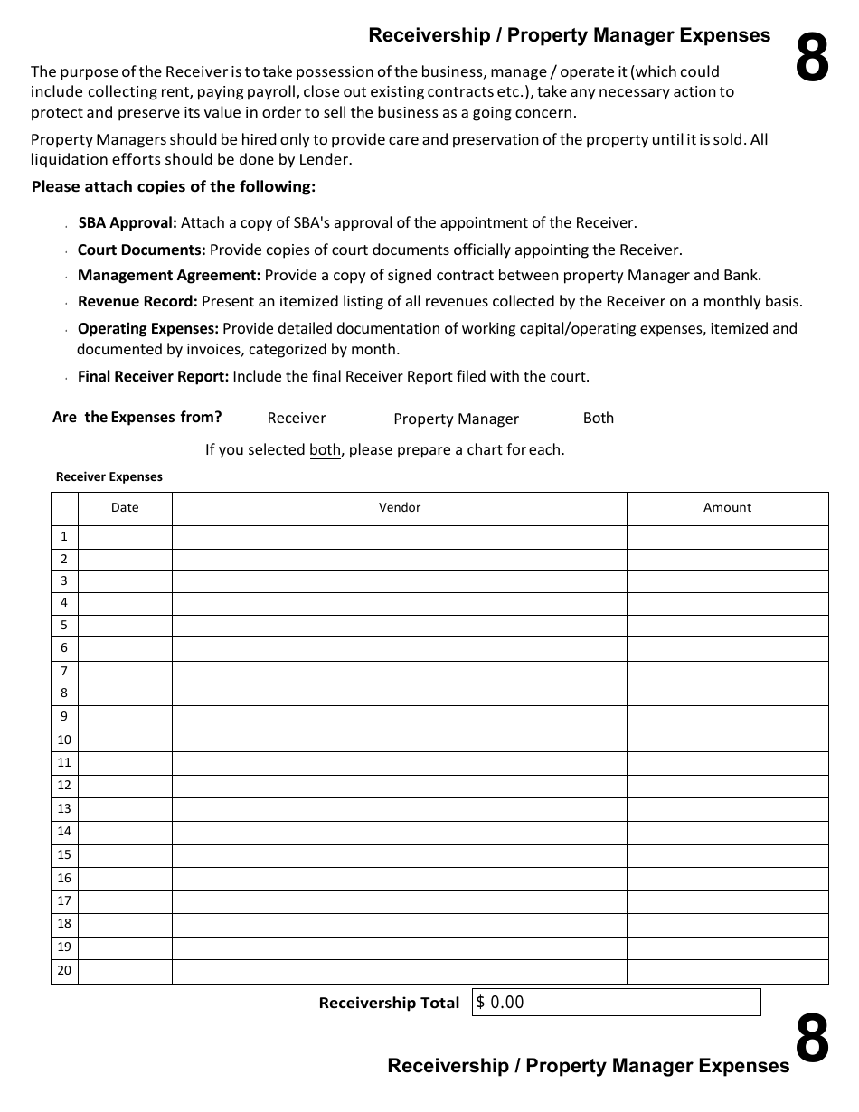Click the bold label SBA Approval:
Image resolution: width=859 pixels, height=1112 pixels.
[x=127, y=222]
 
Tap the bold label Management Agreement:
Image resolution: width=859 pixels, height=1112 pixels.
[x=169, y=275]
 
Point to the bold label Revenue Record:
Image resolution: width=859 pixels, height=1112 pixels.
[x=137, y=302]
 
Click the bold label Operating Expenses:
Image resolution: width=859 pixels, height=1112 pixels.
[x=148, y=328]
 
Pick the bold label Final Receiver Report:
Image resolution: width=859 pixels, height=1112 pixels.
[x=154, y=376]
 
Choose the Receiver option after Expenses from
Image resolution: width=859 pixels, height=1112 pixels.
[x=297, y=419]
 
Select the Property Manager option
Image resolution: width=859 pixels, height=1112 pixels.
[x=456, y=419]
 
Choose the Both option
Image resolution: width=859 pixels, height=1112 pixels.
[x=598, y=418]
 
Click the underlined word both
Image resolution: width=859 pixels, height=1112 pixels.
[x=325, y=449]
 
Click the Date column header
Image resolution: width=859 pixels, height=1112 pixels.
[x=125, y=508]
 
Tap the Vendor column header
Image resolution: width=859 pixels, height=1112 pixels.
[x=399, y=508]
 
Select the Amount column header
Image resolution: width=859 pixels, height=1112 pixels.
[x=727, y=508]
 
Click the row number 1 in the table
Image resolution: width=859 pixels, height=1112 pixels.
[x=64, y=537]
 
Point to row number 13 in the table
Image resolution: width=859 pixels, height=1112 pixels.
[x=64, y=809]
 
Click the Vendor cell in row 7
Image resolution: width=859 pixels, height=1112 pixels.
[x=399, y=672]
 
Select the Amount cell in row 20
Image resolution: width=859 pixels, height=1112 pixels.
[x=727, y=972]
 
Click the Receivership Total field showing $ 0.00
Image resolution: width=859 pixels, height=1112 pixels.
[x=616, y=1002]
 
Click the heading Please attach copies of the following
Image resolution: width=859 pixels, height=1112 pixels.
[x=174, y=187]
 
